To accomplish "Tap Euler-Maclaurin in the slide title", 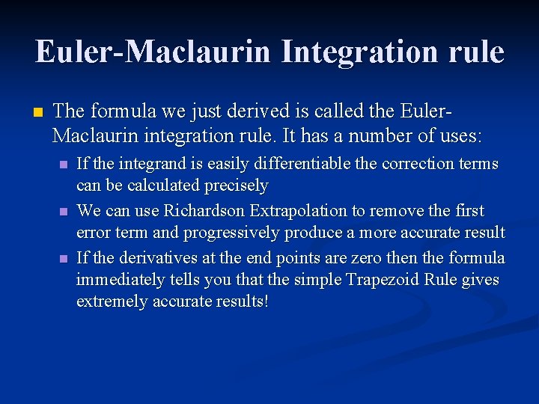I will click(x=153, y=52).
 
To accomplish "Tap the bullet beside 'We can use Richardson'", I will click(x=64, y=212).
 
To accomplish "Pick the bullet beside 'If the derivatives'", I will click(x=64, y=259).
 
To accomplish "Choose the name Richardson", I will click(x=204, y=210).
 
